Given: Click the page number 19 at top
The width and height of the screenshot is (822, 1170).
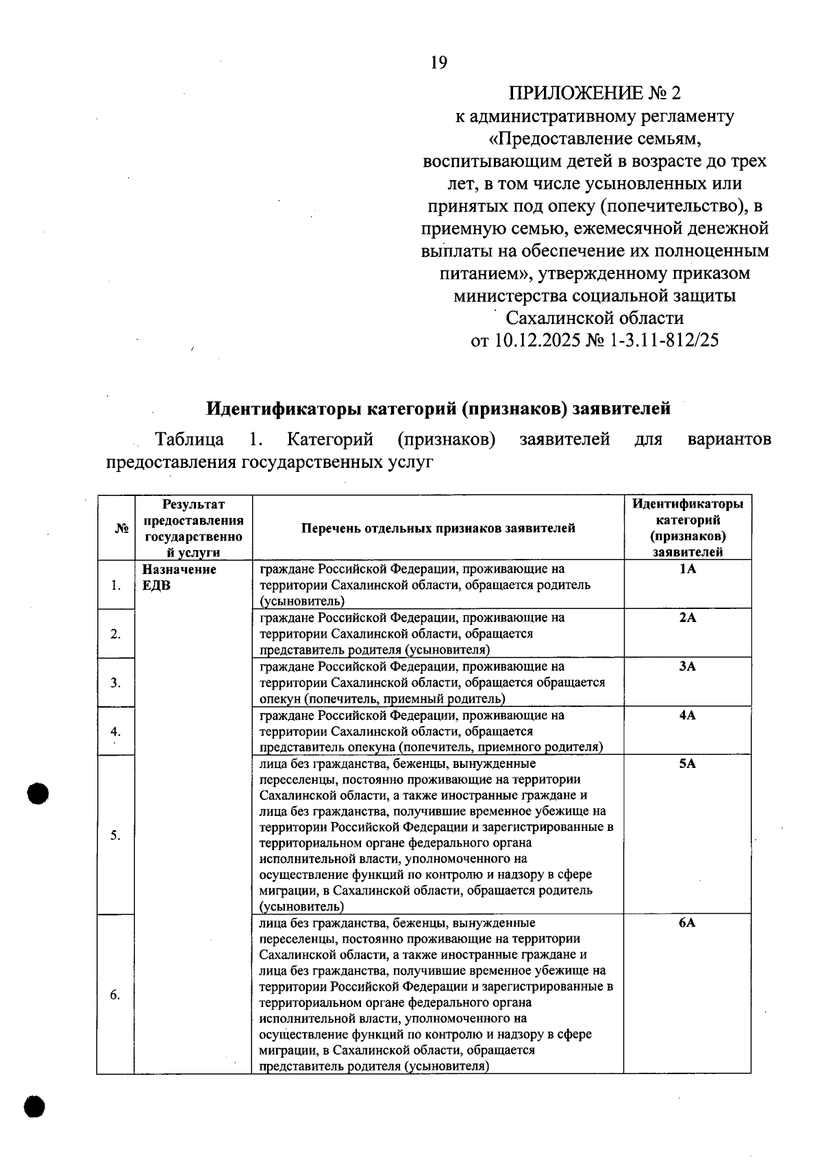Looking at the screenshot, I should [438, 63].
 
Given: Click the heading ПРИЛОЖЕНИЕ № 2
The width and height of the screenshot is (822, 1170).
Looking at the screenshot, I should [595, 93].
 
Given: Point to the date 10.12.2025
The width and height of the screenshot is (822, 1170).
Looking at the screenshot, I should [536, 340].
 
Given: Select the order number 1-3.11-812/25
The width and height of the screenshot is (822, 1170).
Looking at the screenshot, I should [664, 340].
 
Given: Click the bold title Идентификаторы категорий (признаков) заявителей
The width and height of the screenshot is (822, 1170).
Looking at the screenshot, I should [438, 409].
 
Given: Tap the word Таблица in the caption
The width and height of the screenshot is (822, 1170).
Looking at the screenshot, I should [189, 439].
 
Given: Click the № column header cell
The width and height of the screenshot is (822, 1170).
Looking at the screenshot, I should [123, 528].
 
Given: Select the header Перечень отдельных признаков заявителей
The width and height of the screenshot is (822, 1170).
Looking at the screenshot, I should [438, 528].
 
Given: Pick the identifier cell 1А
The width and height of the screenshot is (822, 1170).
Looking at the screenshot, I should [687, 569].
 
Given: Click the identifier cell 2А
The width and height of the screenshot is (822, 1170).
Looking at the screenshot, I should [687, 618].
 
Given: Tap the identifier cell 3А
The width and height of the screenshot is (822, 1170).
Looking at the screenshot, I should [687, 667].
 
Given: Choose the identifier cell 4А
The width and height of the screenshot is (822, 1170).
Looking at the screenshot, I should [687, 715].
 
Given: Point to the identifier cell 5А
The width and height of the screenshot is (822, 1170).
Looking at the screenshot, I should [687, 764].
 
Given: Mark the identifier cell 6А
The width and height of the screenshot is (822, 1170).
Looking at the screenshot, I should [687, 923].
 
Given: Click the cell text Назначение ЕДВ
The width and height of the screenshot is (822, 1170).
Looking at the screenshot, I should [179, 577].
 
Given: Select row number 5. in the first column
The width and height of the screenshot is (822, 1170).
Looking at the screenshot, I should [116, 835].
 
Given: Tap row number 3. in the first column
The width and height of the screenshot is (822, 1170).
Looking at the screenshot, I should [116, 683].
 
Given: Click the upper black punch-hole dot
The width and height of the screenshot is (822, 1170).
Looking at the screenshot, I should [39, 794].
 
